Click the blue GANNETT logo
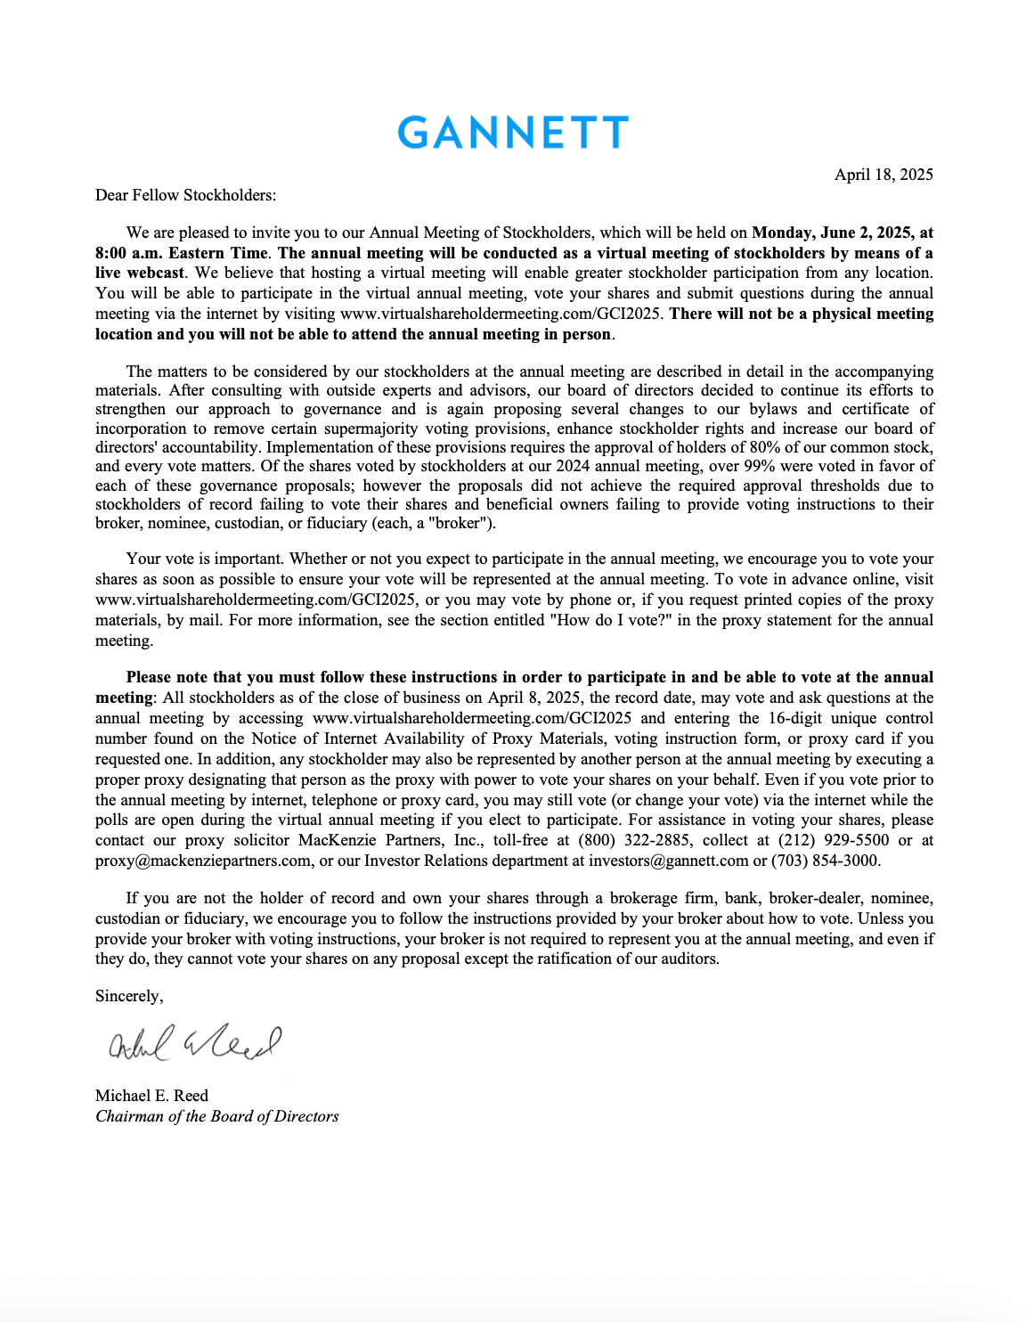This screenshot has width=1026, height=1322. (x=512, y=133)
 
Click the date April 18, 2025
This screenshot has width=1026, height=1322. (x=883, y=175)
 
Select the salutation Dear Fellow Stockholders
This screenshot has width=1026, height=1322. (x=185, y=195)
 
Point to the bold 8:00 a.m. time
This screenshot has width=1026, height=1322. (x=130, y=253)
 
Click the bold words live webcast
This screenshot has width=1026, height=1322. (x=140, y=273)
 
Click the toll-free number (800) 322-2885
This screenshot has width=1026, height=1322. (x=634, y=840)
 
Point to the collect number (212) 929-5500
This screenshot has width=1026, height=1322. (x=834, y=840)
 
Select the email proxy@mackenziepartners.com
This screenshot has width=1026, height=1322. (x=203, y=861)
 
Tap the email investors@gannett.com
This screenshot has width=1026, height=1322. (x=668, y=861)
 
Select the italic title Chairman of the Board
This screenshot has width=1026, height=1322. (x=216, y=1116)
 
